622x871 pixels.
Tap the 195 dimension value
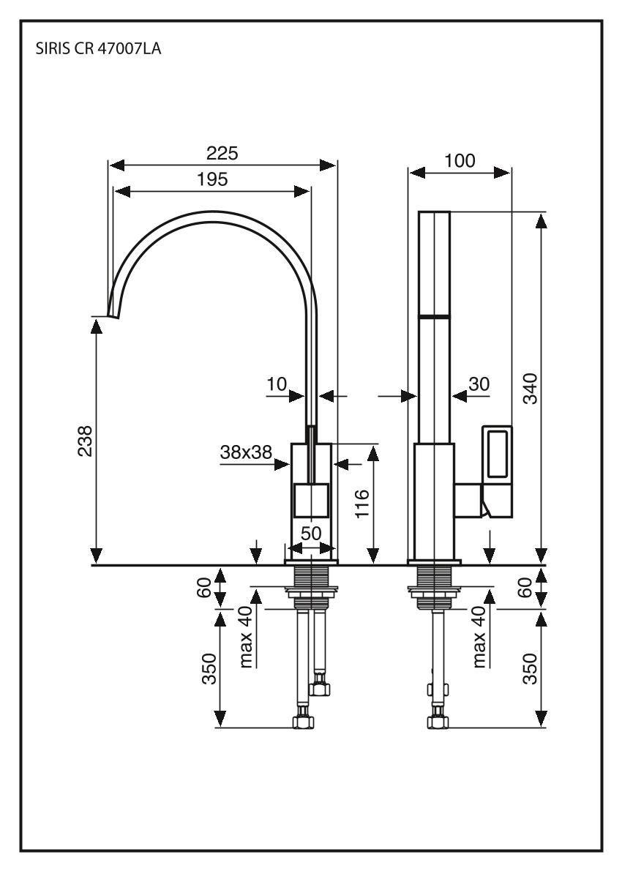coord(212,179)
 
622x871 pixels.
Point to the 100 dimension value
coord(460,161)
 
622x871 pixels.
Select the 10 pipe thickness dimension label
coord(277,383)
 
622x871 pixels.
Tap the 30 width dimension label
coord(479,383)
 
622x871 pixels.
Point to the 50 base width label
coord(311,534)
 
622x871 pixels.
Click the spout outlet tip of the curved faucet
coord(113,313)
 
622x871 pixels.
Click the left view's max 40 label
coord(247,636)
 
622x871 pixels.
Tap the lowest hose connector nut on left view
coord(303,722)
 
